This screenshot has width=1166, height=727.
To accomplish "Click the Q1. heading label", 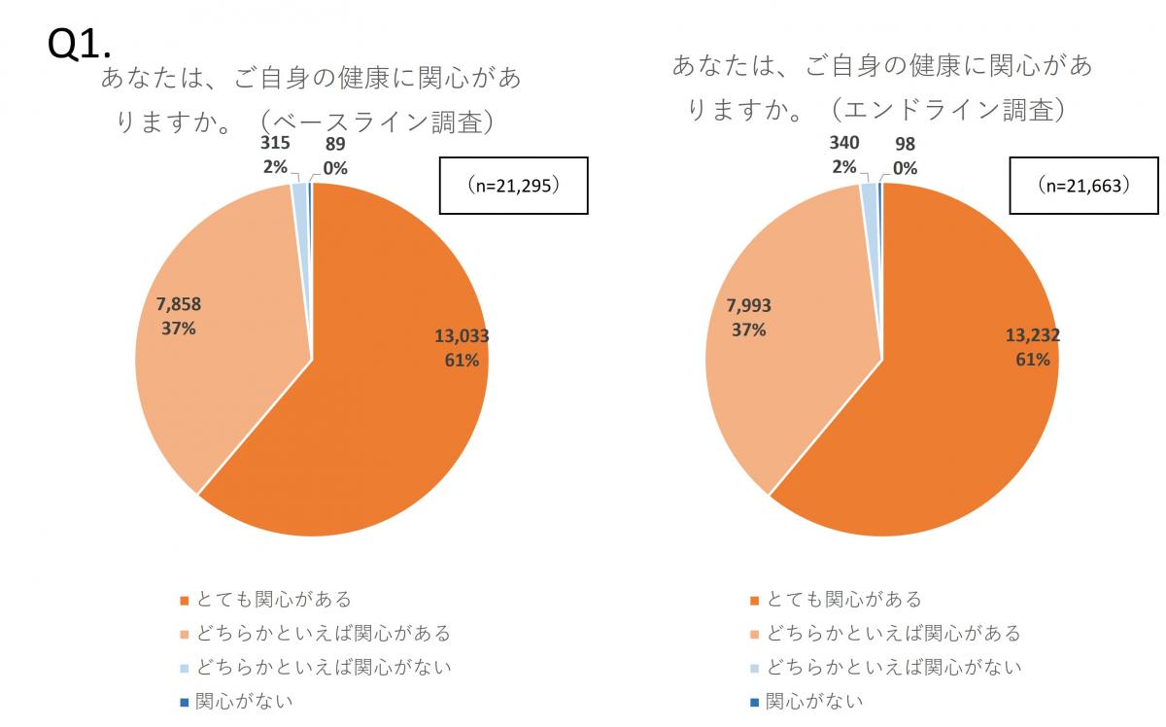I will point(80,44).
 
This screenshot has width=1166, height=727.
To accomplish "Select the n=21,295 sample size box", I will point(513,185).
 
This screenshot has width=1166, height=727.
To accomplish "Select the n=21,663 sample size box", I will point(1083,185).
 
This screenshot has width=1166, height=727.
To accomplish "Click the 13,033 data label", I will point(462,336).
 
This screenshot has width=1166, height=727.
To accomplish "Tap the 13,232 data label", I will point(1032,335).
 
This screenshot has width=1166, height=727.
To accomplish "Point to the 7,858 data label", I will point(179,304).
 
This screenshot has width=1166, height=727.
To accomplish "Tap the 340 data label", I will point(843,144).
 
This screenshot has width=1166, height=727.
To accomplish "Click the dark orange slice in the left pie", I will point(389,418).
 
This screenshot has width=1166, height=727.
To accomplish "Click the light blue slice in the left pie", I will point(300,194).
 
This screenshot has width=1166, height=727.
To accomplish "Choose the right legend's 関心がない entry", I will point(814,701).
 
